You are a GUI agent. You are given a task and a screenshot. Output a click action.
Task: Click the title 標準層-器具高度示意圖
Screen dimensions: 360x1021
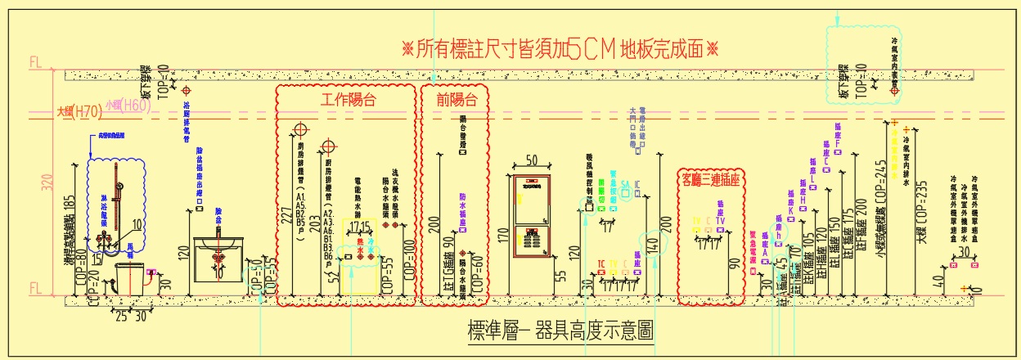[x=560, y=331]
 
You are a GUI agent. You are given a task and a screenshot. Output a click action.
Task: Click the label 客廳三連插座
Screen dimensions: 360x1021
[x=709, y=179]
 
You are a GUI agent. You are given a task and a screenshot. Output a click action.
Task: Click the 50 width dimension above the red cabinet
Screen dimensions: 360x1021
[x=531, y=160]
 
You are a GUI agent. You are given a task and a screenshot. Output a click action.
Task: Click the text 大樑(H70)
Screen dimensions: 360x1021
[x=79, y=111]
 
